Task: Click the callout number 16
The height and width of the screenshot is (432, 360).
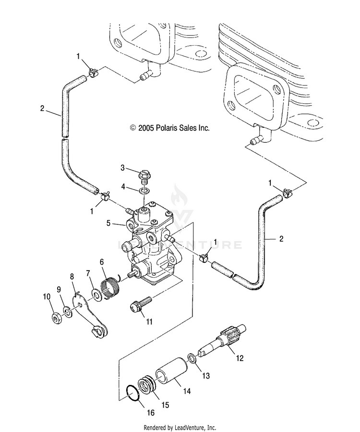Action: [151, 413]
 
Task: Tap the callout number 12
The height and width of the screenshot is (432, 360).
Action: [240, 358]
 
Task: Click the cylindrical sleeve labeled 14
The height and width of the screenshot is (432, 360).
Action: [172, 371]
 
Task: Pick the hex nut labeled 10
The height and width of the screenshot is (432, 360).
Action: [56, 319]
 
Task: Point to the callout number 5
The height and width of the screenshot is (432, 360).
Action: [108, 223]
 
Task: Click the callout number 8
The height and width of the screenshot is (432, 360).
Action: [72, 277]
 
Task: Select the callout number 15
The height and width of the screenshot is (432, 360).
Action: [165, 405]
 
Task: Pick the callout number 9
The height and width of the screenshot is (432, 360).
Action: [59, 289]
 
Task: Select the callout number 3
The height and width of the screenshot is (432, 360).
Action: [123, 168]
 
